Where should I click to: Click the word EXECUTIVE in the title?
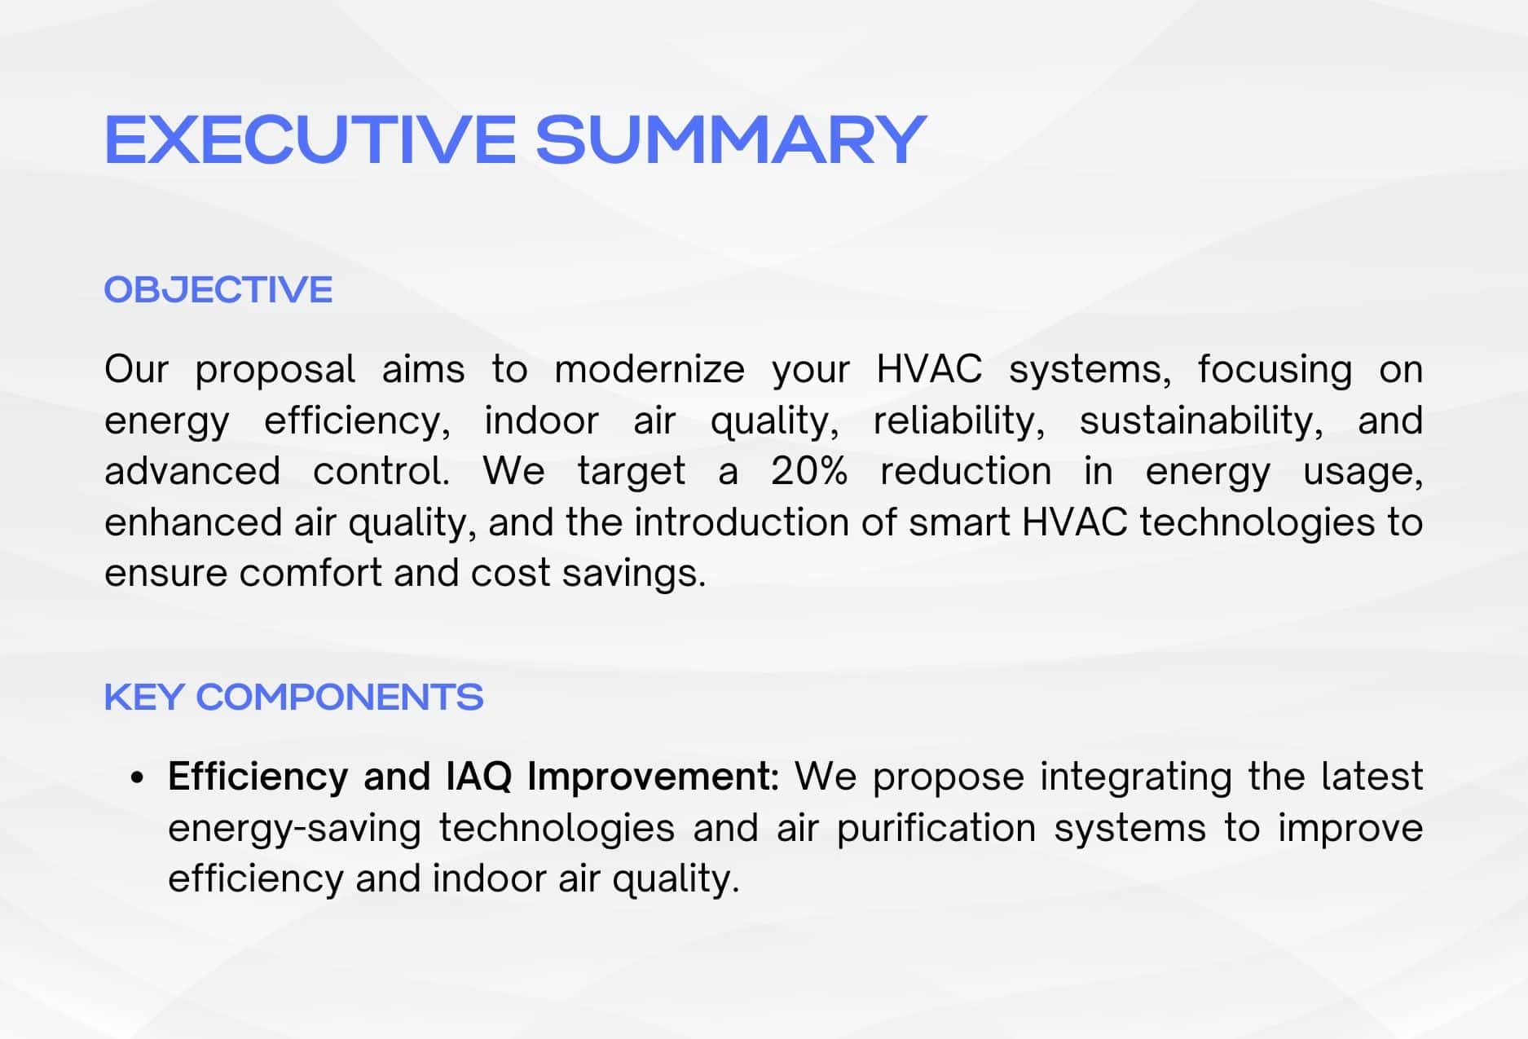coord(310,139)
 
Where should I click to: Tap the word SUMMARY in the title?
coord(731,139)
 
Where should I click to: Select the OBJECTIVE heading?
coord(218,289)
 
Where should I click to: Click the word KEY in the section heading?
coord(143,697)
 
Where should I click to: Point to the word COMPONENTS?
coord(340,697)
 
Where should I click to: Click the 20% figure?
coord(809,471)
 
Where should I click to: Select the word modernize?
coord(650,369)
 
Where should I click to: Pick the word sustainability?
coord(1201,421)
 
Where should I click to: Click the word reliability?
coord(959,421)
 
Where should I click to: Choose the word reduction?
coord(966,471)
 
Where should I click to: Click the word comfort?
coord(311,573)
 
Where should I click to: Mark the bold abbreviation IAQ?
coord(479,777)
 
